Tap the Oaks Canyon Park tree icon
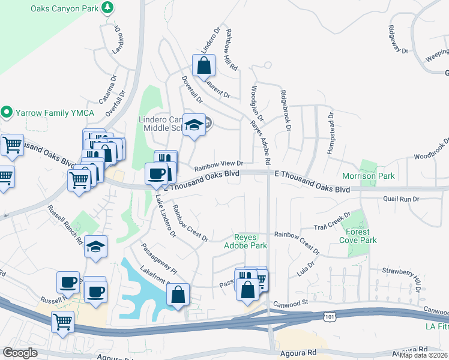[x=107, y=7]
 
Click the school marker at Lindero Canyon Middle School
[x=194, y=125]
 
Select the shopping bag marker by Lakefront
[x=178, y=295]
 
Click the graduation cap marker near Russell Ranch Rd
[x=96, y=247]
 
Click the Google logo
[x=20, y=352]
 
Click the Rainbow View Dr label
[x=218, y=164]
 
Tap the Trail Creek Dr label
[x=332, y=223]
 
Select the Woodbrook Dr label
[x=430, y=151]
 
